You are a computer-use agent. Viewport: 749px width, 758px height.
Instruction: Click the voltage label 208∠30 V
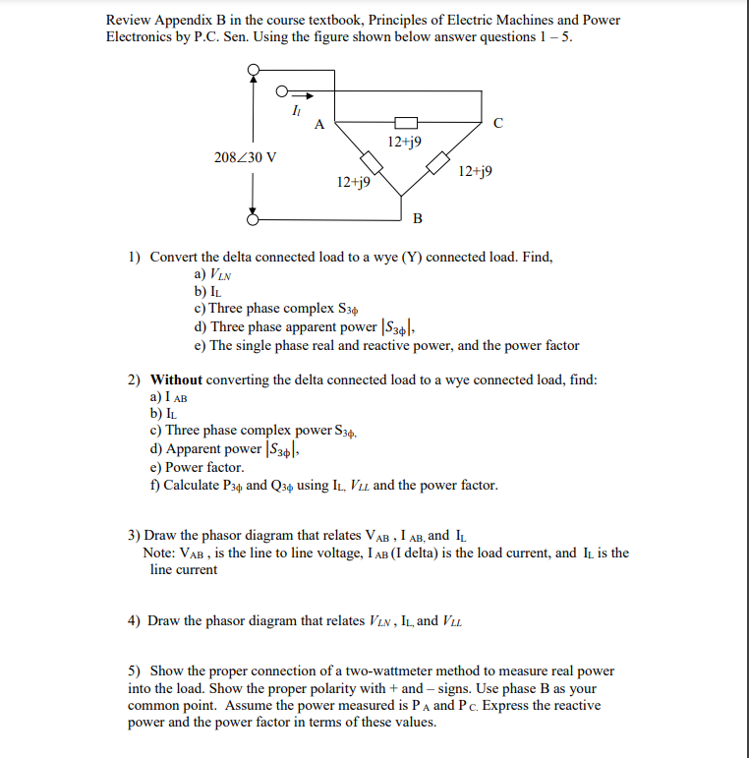click(x=245, y=157)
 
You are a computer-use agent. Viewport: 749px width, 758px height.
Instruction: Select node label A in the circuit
click(x=318, y=124)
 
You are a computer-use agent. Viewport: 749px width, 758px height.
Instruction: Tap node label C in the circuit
click(x=498, y=123)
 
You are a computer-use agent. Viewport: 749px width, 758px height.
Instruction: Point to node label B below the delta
click(x=417, y=217)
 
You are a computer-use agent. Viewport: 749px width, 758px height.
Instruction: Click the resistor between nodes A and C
click(x=406, y=123)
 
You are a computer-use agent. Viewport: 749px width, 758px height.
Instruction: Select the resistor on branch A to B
click(x=370, y=160)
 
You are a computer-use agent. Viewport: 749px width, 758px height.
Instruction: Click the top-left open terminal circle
click(x=253, y=71)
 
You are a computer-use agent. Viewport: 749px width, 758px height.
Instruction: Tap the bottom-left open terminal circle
click(x=253, y=220)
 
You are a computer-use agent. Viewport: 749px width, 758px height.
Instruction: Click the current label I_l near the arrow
click(x=296, y=110)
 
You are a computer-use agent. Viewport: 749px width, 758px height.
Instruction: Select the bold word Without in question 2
click(x=176, y=379)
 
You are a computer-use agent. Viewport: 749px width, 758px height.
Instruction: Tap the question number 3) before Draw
click(x=134, y=535)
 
